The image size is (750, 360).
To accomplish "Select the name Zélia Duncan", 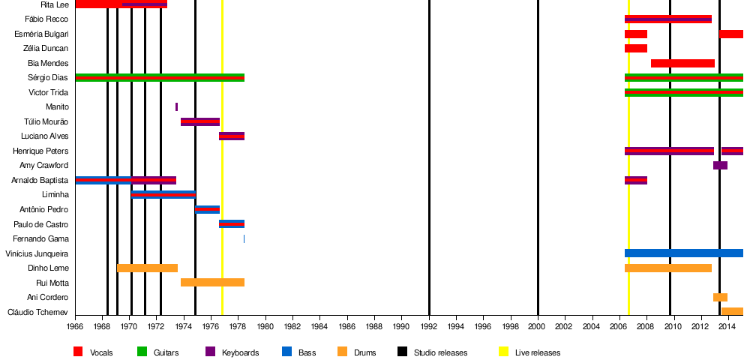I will point(46,49).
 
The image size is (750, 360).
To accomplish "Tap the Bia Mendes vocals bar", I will point(682,63).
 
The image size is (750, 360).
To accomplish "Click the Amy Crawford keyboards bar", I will point(720,166).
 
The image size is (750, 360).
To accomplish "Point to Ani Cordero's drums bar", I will point(720,298).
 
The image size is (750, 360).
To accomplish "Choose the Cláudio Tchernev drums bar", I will point(732,312).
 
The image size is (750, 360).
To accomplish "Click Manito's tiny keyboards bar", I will point(177,107).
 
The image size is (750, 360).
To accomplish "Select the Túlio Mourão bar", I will point(200,122).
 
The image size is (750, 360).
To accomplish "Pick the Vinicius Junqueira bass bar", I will point(683,253).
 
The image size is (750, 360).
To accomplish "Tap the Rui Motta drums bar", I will point(212,283).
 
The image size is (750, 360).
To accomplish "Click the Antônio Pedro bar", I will point(207,210).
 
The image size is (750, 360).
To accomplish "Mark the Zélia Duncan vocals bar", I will point(636,49).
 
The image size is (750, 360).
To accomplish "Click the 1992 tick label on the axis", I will point(429,327).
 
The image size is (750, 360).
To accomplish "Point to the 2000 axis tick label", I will point(538,327).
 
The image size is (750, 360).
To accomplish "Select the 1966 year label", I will point(76,327).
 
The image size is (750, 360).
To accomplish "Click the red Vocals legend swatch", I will point(79,352).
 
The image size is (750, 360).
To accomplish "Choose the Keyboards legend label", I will point(240,352).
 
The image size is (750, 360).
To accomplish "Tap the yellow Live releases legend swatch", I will point(504,352).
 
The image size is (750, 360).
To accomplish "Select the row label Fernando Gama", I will point(48,239).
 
